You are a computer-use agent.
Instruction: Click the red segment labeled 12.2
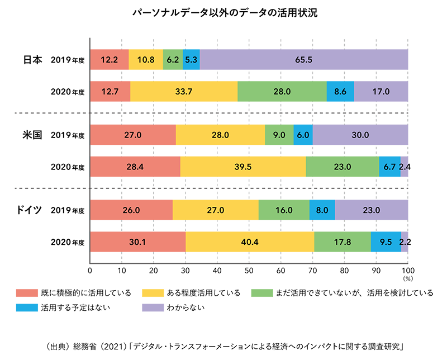[109, 58]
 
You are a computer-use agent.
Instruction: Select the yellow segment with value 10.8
[146, 58]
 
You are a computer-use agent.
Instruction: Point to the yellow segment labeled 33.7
[184, 91]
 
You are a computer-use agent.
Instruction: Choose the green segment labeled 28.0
[282, 91]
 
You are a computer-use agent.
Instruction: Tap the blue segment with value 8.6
[340, 91]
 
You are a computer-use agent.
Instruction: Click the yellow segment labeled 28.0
[220, 135]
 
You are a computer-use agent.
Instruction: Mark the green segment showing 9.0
[279, 135]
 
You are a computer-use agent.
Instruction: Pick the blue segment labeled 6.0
[302, 135]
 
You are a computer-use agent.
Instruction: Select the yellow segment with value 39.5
[243, 167]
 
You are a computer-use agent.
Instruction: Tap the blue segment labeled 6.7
[389, 167]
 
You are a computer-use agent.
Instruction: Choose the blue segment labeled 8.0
[322, 211]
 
